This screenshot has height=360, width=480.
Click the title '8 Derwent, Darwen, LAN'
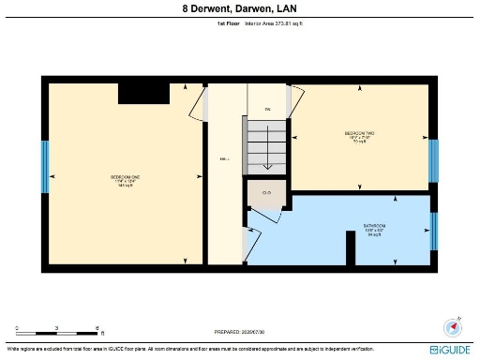tap(239, 9)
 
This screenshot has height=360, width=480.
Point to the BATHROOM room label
tap(375, 229)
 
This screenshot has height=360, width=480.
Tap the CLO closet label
tap(266, 194)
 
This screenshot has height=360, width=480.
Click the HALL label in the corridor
tap(225, 159)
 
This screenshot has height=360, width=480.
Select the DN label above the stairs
tap(266, 110)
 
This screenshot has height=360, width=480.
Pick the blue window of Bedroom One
tap(44, 167)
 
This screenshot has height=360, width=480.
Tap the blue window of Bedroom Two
tap(433, 160)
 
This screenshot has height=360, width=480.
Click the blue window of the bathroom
tap(433, 232)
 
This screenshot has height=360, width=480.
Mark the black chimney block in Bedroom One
tap(145, 92)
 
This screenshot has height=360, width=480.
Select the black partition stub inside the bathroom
tap(350, 247)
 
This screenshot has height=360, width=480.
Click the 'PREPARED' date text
tap(239, 331)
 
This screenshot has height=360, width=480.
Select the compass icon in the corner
tap(453, 327)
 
